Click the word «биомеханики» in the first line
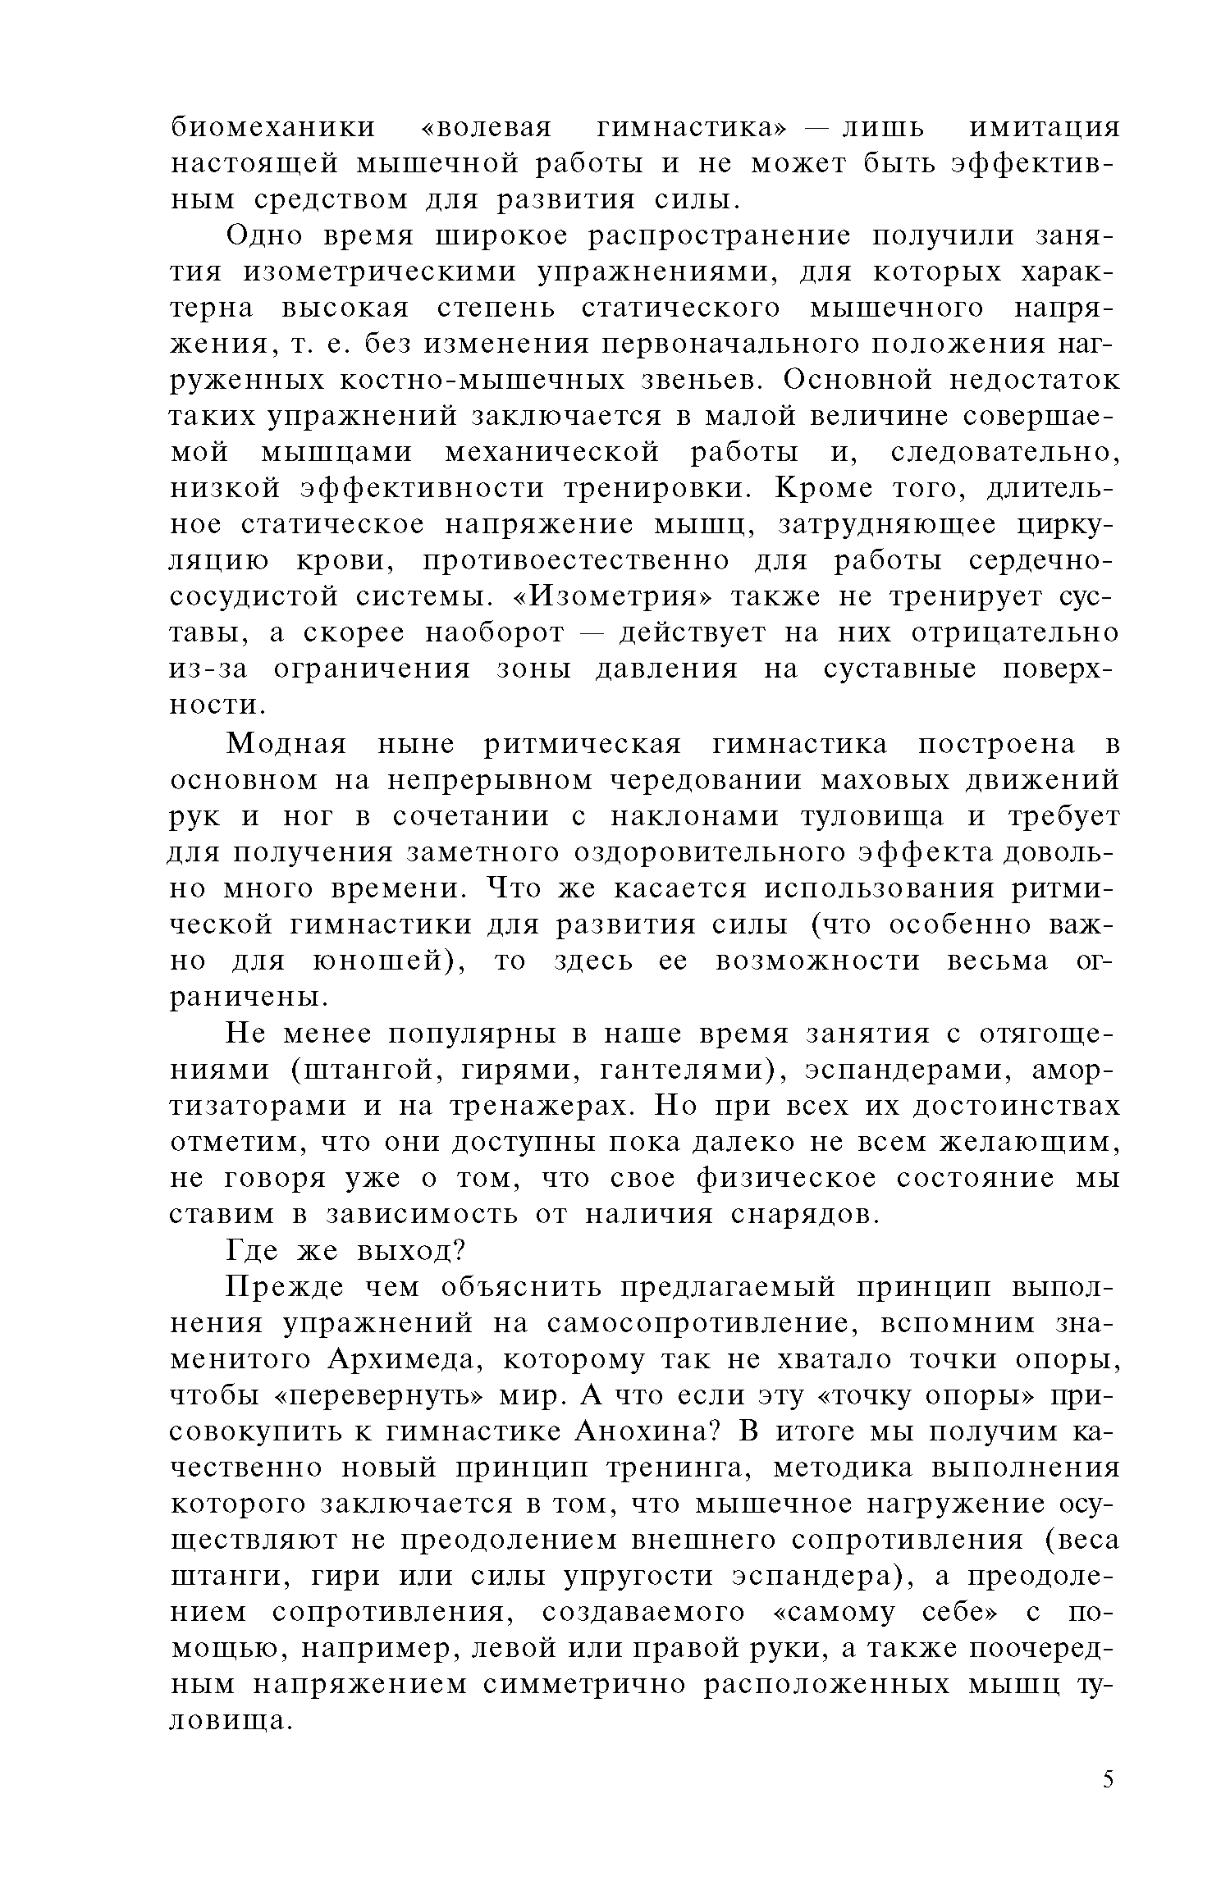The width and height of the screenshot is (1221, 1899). click(272, 130)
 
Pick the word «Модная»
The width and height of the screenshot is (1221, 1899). click(287, 745)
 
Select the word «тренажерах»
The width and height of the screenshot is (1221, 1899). click(541, 1107)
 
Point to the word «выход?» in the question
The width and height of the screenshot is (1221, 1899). click(410, 1250)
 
